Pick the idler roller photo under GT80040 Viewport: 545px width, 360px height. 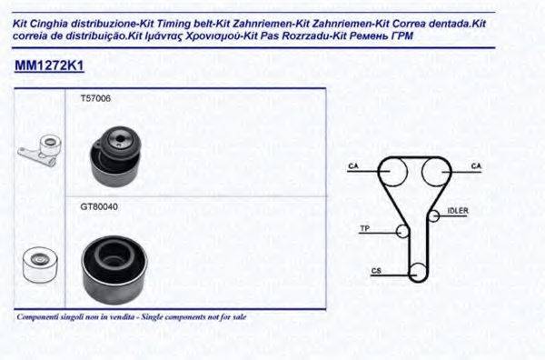[114, 266]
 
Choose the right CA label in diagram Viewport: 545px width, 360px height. [475, 165]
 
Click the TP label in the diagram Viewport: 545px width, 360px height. [364, 227]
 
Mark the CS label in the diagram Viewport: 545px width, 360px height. [374, 271]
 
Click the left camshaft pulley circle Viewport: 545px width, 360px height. [392, 171]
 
